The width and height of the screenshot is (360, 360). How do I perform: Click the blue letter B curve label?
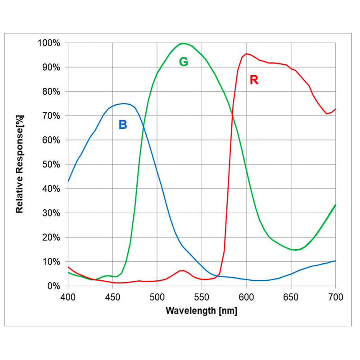click(x=123, y=125)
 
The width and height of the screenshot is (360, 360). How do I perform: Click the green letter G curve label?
click(x=184, y=62)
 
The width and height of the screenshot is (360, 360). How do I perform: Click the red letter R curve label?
click(x=254, y=80)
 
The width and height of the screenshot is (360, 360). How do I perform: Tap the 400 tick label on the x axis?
click(x=68, y=297)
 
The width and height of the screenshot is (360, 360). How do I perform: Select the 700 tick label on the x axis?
click(x=335, y=297)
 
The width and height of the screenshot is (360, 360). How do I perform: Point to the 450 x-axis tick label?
click(x=112, y=297)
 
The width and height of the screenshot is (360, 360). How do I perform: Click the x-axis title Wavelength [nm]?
click(x=201, y=311)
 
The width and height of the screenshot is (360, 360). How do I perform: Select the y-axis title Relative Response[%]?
click(x=20, y=164)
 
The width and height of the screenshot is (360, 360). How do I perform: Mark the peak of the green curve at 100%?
click(x=183, y=43)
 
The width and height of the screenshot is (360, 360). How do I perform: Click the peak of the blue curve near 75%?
click(x=124, y=103)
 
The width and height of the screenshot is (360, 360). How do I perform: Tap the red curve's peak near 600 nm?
click(x=246, y=54)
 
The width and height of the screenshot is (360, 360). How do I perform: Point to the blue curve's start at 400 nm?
click(x=68, y=181)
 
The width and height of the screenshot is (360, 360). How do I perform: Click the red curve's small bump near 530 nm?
click(x=183, y=270)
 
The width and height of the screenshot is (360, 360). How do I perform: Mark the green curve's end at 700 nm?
click(x=335, y=205)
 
